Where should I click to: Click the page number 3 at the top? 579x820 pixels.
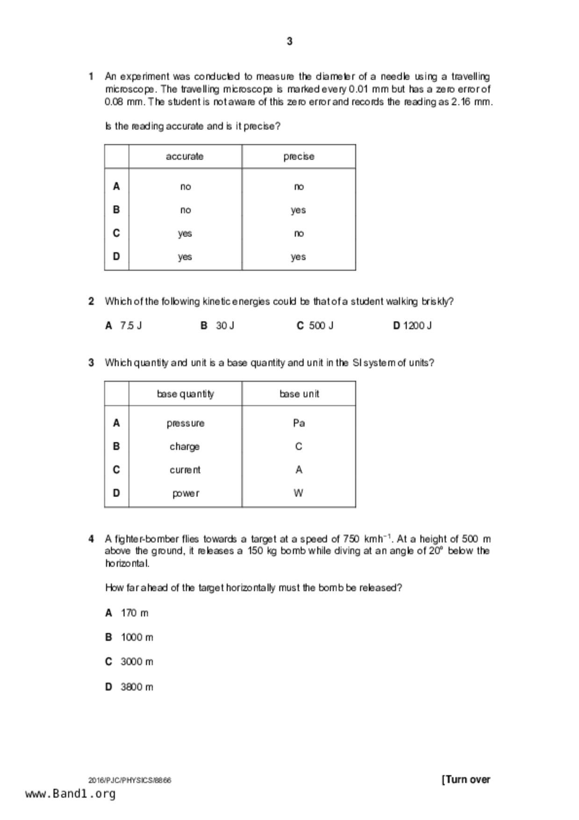pos(289,42)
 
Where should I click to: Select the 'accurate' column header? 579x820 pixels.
pos(185,157)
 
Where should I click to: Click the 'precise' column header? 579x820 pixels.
pos(299,157)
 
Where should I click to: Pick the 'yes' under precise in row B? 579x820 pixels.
pos(298,210)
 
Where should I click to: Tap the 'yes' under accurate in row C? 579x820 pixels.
pos(185,233)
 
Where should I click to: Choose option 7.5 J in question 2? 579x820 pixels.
pos(131,326)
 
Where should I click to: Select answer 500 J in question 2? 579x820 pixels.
pos(321,326)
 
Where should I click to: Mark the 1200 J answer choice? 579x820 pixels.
pos(417,326)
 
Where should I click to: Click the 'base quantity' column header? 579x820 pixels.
pos(186,394)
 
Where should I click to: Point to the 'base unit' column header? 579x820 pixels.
pos(299,394)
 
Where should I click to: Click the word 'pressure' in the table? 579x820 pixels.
pos(186,424)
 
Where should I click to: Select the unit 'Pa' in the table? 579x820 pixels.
pos(299,423)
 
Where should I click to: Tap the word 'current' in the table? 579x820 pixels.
pos(185,470)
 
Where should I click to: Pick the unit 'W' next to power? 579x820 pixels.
pos(299,493)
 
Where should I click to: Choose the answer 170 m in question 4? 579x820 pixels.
pos(135,613)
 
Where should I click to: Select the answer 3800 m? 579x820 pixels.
pos(136,687)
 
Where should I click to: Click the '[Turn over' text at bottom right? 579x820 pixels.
pos(466,779)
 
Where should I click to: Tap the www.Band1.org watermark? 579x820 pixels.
pos(71,794)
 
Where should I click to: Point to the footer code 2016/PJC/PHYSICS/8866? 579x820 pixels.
pos(130,780)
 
